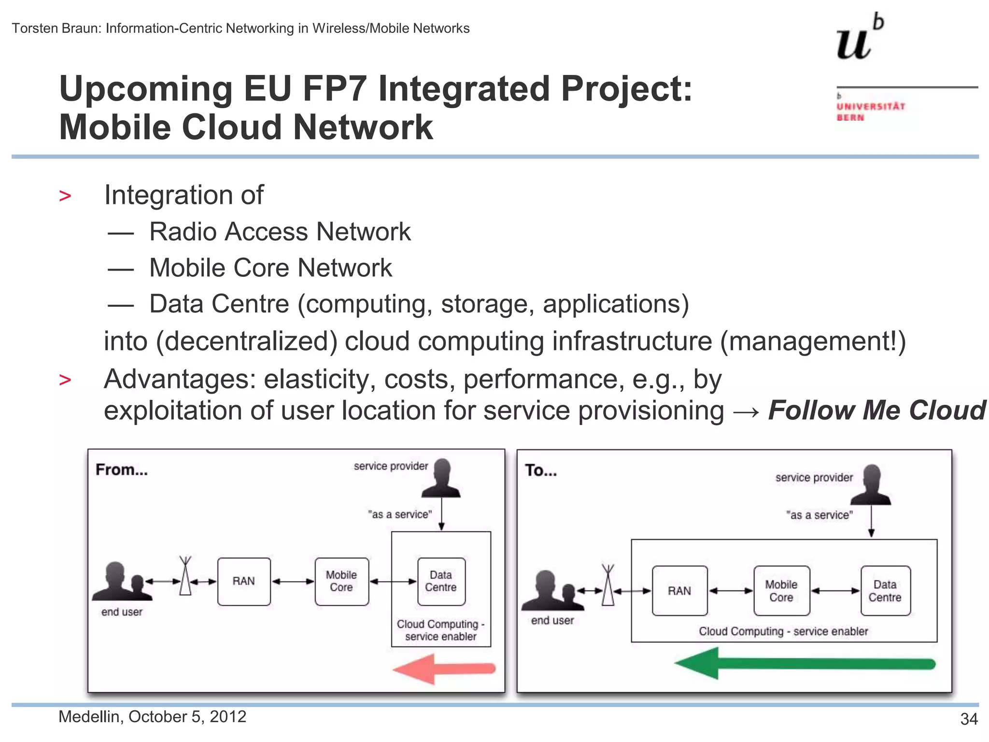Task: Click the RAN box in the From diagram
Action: coord(244,582)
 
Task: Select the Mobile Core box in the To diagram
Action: coord(781,591)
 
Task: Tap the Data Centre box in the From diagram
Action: coord(441,582)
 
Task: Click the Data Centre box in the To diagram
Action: coord(885,591)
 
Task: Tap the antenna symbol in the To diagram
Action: coord(608,585)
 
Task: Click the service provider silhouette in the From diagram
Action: coord(441,478)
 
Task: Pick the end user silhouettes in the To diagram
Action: coord(552,592)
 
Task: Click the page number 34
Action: coord(969,719)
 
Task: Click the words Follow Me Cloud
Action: coord(876,411)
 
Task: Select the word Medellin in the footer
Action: coord(89,717)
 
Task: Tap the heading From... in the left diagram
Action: coord(122,470)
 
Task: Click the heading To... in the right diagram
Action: coord(541,471)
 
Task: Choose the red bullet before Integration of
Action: coord(65,196)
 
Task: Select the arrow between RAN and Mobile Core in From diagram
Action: coord(293,582)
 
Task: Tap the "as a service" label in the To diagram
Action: coord(819,515)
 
